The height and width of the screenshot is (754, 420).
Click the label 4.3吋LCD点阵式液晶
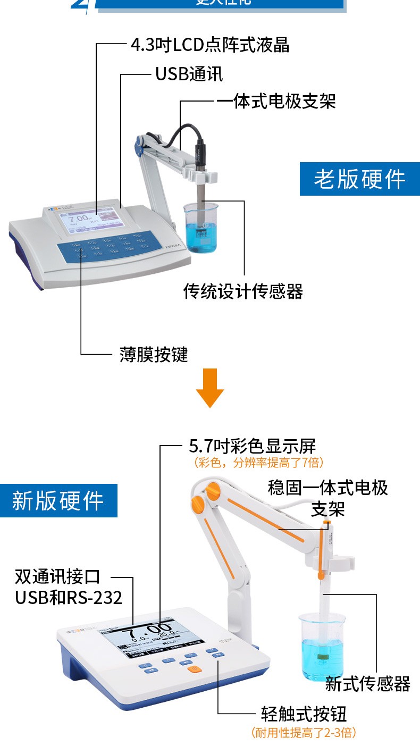(x=210, y=45)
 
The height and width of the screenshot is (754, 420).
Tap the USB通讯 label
(x=189, y=74)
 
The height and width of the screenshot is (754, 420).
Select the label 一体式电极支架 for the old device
(x=276, y=101)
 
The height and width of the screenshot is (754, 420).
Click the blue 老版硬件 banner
(x=359, y=179)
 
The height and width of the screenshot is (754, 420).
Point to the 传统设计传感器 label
(x=243, y=291)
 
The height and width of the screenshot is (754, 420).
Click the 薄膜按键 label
(x=154, y=354)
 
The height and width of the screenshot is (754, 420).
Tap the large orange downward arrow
(x=210, y=388)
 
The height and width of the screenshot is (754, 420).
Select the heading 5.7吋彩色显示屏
(x=253, y=446)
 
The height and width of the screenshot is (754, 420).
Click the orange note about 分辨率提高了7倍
(x=259, y=463)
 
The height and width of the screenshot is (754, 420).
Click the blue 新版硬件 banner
(x=58, y=500)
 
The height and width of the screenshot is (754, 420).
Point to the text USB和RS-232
(x=69, y=597)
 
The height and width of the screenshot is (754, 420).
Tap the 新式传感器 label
(x=368, y=684)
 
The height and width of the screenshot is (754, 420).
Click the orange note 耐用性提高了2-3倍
(x=304, y=733)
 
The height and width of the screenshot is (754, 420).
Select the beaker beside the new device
(x=322, y=646)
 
